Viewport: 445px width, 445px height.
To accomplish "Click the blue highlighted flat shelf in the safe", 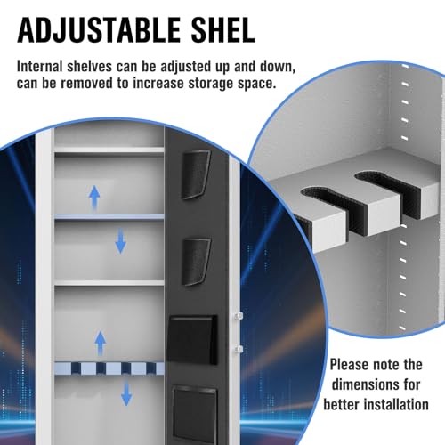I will (109, 217).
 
